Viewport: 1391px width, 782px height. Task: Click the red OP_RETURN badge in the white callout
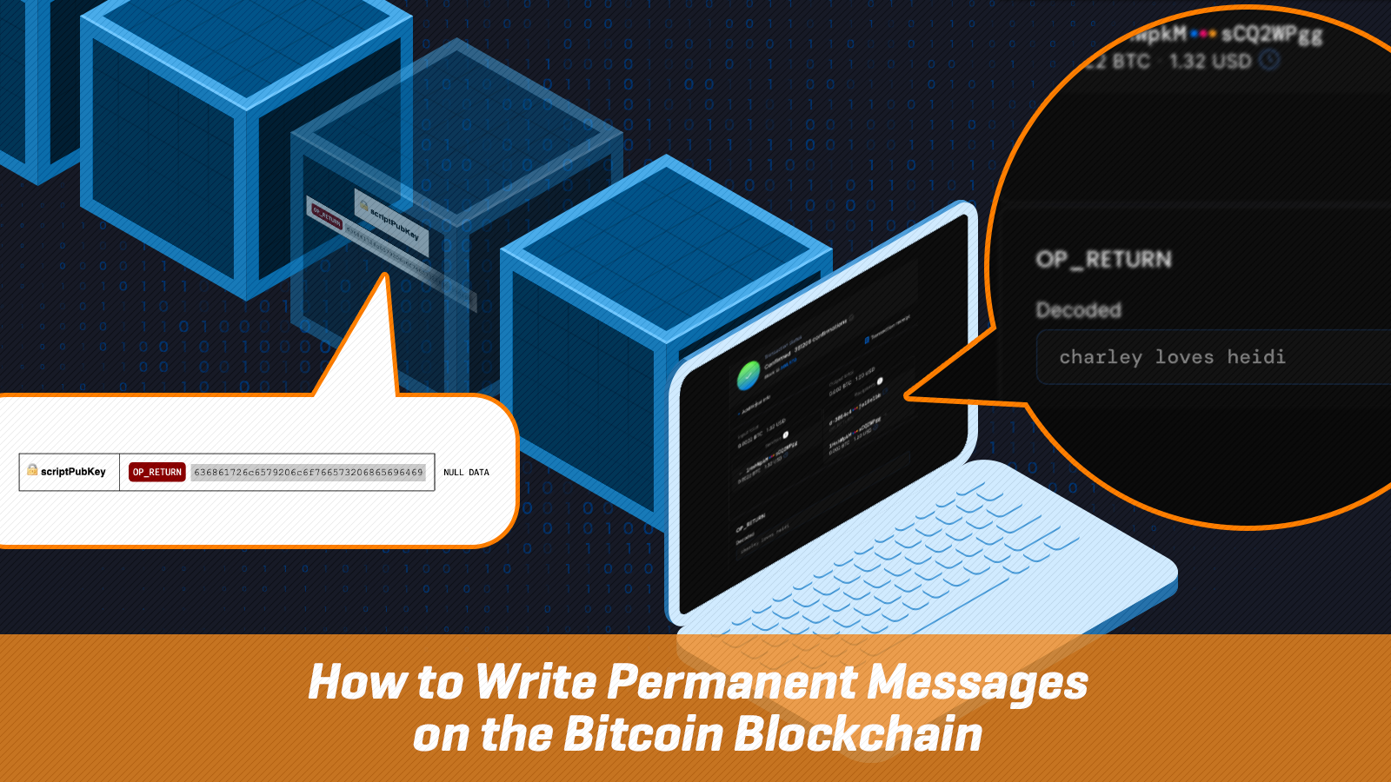pos(157,472)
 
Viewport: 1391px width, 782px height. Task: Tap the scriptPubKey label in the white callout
pos(73,472)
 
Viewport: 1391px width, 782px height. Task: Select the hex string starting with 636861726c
pos(309,472)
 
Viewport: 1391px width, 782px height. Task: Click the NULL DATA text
pos(466,473)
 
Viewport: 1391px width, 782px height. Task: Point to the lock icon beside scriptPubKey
pos(32,470)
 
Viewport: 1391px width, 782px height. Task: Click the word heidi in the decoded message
pos(1256,357)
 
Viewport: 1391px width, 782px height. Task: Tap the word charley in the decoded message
pos(1101,357)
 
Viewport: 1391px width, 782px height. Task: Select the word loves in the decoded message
pos(1184,357)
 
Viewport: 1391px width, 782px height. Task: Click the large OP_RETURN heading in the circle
pos(1103,259)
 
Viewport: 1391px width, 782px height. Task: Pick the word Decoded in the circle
pos(1078,310)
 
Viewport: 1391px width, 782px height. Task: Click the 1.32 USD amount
pos(1209,62)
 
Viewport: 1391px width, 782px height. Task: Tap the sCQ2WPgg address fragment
pos(1272,35)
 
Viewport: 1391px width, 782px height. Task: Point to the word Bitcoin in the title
pos(643,734)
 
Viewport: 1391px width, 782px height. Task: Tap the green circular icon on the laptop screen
pos(749,376)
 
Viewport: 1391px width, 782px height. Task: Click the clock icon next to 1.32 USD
pos(1270,60)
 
